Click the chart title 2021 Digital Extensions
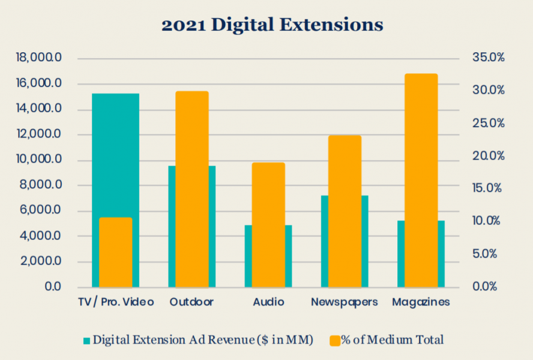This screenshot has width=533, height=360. (272, 25)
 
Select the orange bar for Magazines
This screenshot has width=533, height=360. (421, 180)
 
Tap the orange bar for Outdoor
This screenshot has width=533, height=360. (191, 189)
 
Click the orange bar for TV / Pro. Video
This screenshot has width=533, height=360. (115, 252)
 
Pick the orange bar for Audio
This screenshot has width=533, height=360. (268, 224)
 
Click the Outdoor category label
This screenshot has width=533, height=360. (191, 302)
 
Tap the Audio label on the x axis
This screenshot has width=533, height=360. (268, 302)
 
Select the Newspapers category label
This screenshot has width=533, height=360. (345, 302)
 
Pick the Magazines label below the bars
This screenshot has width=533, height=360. (421, 302)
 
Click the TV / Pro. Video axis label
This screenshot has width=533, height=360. (115, 302)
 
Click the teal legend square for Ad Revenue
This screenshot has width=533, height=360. (86, 341)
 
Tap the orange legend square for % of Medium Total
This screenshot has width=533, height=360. (334, 341)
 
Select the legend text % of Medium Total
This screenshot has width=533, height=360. (393, 340)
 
